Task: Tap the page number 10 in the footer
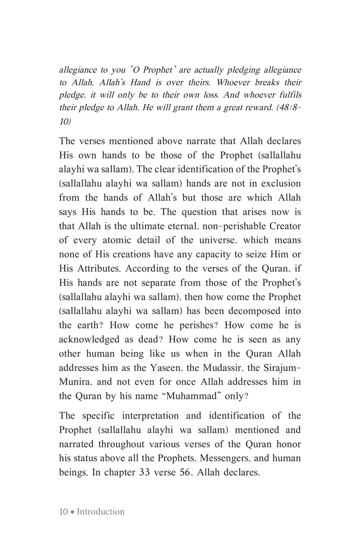(x=63, y=511)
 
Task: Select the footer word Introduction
(x=100, y=511)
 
